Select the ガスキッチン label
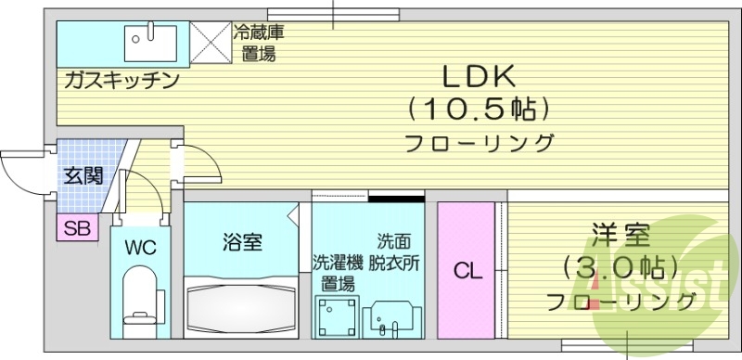point(121,81)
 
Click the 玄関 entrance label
point(83,174)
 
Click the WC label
point(140,250)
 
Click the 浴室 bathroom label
point(241,243)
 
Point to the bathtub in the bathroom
point(242,304)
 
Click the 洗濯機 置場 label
point(333,272)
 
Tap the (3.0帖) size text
point(620,269)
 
